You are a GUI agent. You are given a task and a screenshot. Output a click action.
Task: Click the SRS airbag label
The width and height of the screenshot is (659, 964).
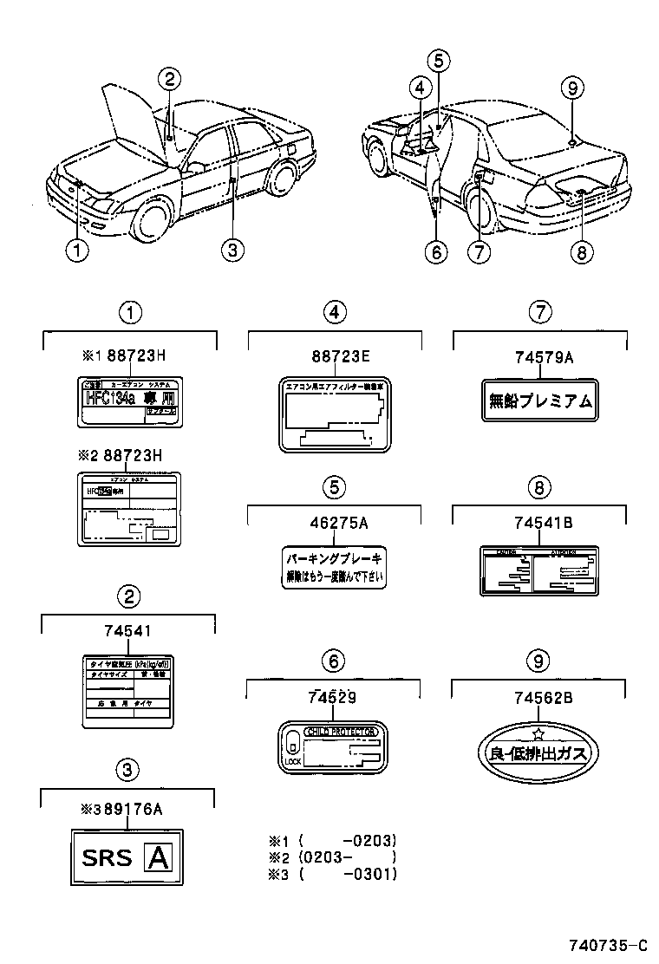point(126,857)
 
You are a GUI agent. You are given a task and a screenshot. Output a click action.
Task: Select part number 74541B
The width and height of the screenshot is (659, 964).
point(538,522)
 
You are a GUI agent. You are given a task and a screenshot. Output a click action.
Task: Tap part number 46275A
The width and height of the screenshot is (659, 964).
point(334,522)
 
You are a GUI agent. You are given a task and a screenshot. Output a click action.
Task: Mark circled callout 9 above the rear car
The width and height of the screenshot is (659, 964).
point(572,87)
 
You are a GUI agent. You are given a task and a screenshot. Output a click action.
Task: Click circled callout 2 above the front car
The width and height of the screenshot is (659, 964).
point(170,79)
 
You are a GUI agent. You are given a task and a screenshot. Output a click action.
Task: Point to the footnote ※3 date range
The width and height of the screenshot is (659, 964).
point(347,874)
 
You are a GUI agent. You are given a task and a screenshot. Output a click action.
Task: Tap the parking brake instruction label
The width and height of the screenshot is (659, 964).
point(334,567)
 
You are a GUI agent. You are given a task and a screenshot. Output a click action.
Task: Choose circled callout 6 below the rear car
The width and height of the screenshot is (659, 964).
point(435,251)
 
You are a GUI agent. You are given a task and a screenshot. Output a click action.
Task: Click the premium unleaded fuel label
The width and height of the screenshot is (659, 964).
point(538,400)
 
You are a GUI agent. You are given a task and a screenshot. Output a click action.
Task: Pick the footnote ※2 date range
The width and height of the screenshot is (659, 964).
point(347,857)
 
